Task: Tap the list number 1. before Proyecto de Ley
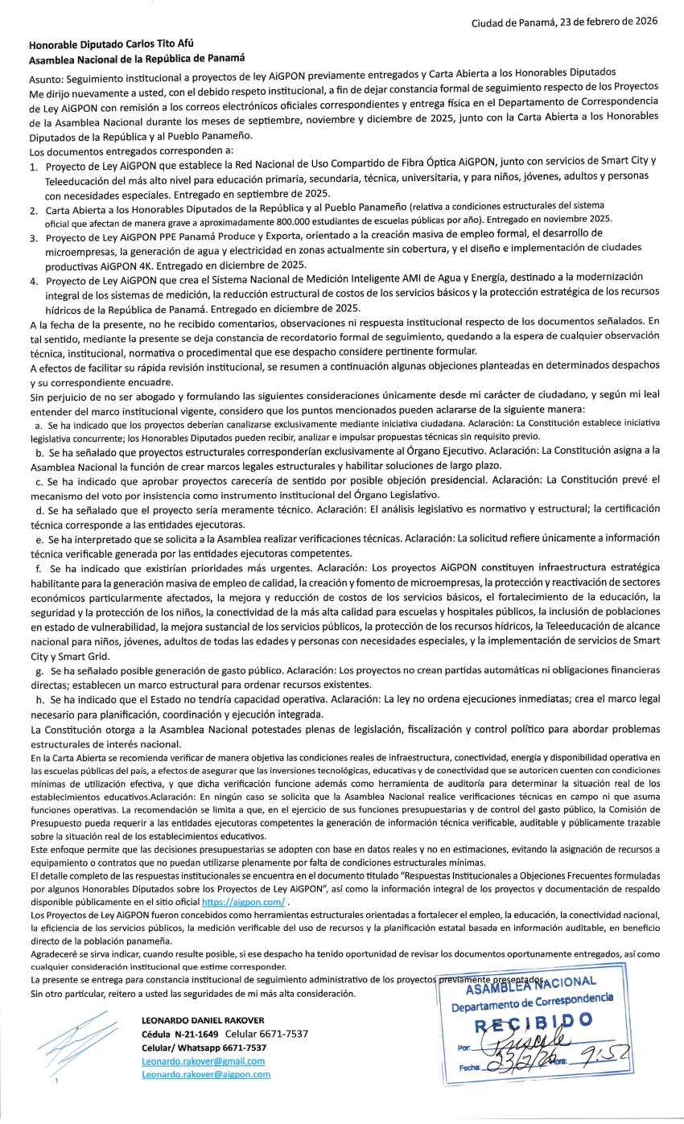[34, 166]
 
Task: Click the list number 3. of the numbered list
[34, 238]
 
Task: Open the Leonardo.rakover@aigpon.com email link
[205, 1075]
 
